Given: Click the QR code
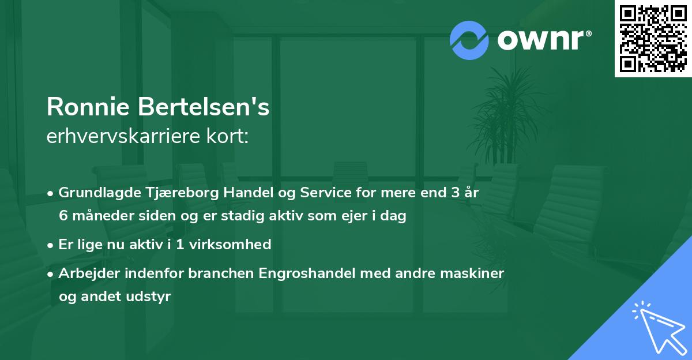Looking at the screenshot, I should click(x=653, y=39).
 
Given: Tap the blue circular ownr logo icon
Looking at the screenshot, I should click(x=469, y=40).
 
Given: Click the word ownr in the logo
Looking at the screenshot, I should click(x=543, y=40).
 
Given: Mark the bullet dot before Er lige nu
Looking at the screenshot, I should click(x=51, y=245).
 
